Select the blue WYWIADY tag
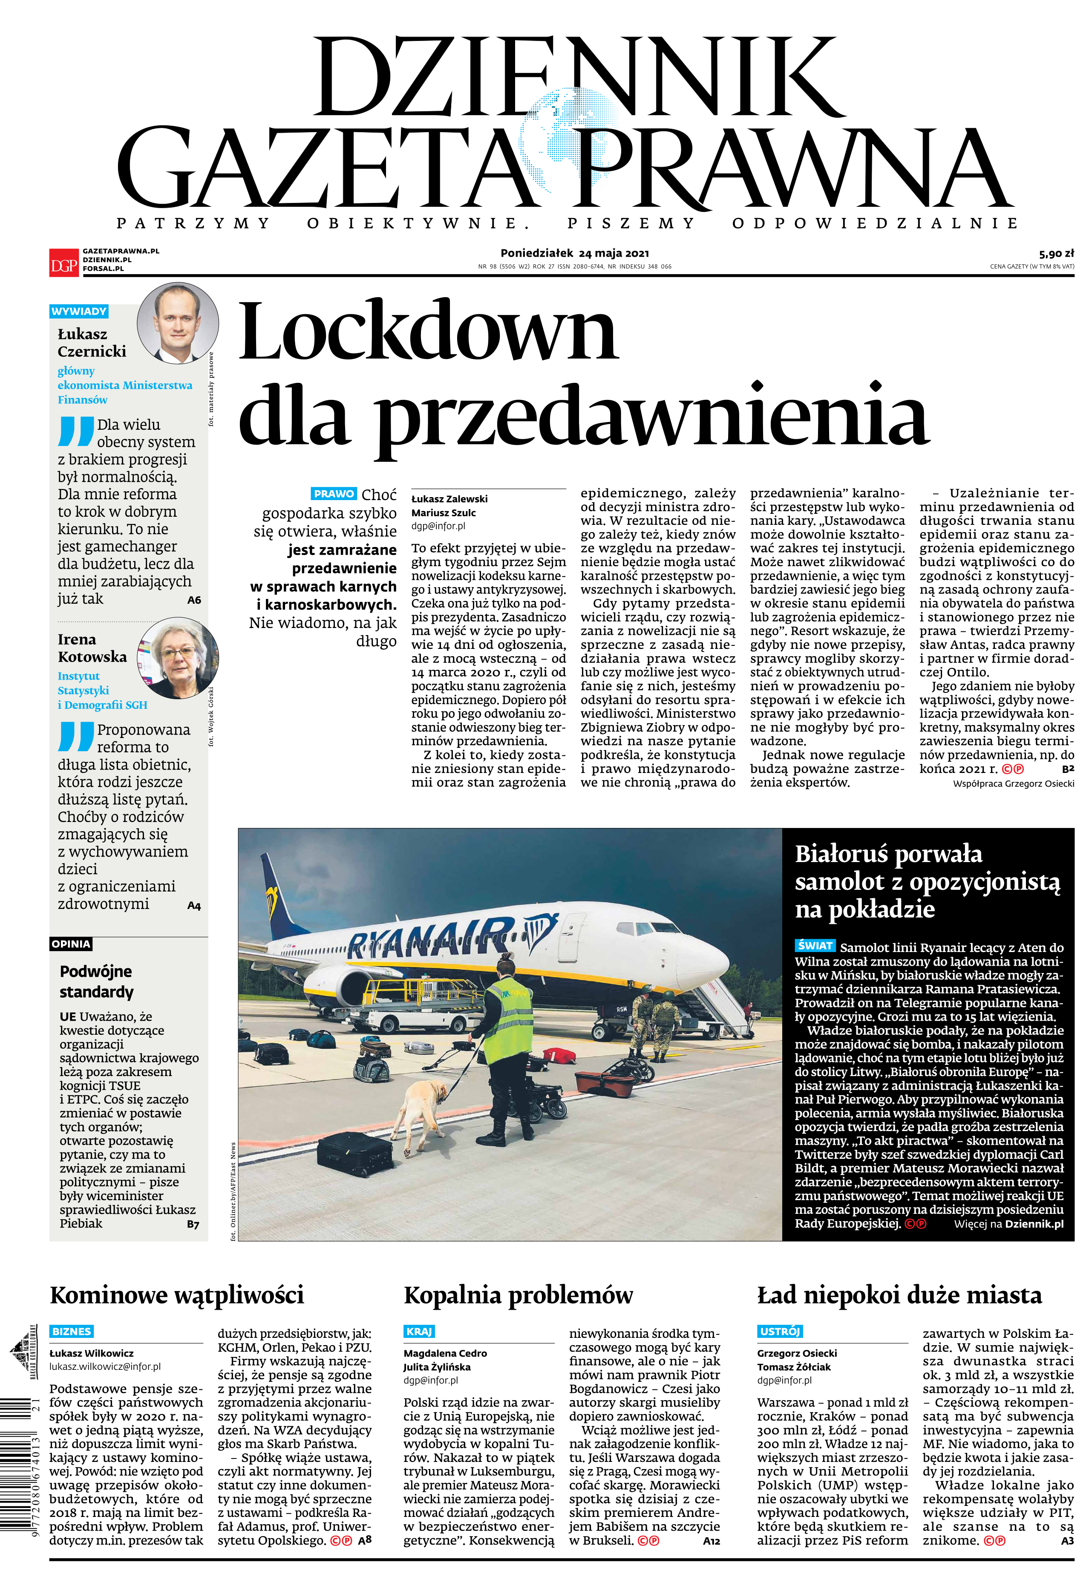pyautogui.click(x=79, y=311)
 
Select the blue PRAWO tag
pyautogui.click(x=334, y=494)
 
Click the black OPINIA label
pyautogui.click(x=71, y=944)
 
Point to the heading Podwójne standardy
pyautogui.click(x=96, y=981)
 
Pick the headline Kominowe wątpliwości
pyautogui.click(x=177, y=1295)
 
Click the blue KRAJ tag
pyautogui.click(x=419, y=1331)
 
